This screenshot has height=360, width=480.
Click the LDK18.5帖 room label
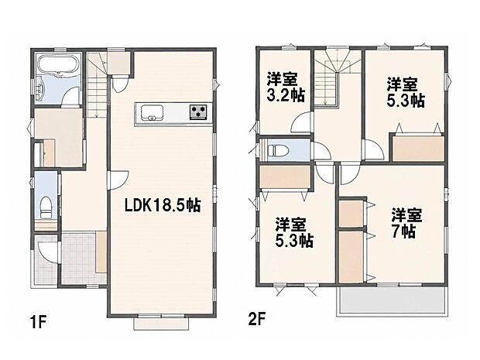pyautogui.click(x=163, y=205)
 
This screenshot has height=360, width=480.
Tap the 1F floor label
pyautogui.click(x=38, y=323)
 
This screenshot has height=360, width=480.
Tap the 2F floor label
pyautogui.click(x=256, y=320)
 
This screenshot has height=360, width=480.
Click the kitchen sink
pyautogui.click(x=152, y=112)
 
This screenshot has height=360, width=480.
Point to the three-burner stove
pyautogui.click(x=198, y=111)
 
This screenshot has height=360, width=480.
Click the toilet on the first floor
pyautogui.click(x=46, y=207)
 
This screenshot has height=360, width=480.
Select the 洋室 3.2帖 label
pyautogui.click(x=286, y=87)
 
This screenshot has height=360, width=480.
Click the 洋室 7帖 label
pyautogui.click(x=407, y=224)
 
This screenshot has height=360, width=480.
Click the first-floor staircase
pyautogui.click(x=98, y=85)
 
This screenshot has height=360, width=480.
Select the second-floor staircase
pyautogui.click(x=333, y=78)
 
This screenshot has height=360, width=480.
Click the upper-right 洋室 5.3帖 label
pyautogui.click(x=406, y=92)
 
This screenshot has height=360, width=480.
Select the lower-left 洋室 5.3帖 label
pyautogui.click(x=294, y=233)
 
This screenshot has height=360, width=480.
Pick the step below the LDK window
pyautogui.click(x=161, y=324)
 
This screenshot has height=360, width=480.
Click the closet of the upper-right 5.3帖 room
pyautogui.click(x=418, y=149)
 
